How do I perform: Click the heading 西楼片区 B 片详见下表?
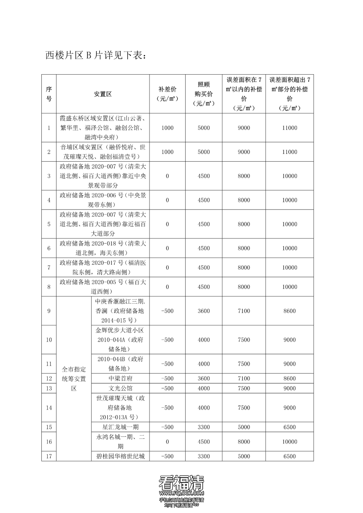pos(96,55)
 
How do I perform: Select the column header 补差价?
pos(167,94)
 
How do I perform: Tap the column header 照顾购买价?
pos(204,94)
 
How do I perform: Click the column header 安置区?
pos(103,94)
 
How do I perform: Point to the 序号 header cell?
pos(49,94)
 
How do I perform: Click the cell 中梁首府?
pos(120,378)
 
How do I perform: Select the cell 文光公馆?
pos(120,388)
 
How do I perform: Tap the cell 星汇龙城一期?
pos(120,427)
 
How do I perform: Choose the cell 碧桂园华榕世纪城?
pos(120,456)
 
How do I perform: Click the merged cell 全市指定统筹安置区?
pos(74,379)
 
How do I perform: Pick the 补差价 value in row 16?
pos(167,442)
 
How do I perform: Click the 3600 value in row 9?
pos(204,311)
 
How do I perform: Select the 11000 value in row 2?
pos(290,152)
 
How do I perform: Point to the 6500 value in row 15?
pos(290,427)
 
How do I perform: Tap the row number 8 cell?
pos(49,287)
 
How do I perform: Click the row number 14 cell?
pos(49,408)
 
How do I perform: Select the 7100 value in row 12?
pos(244,378)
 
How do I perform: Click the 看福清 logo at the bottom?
pos(182,483)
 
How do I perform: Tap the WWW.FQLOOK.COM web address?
pos(182,493)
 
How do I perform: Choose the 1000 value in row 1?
pos(167,128)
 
